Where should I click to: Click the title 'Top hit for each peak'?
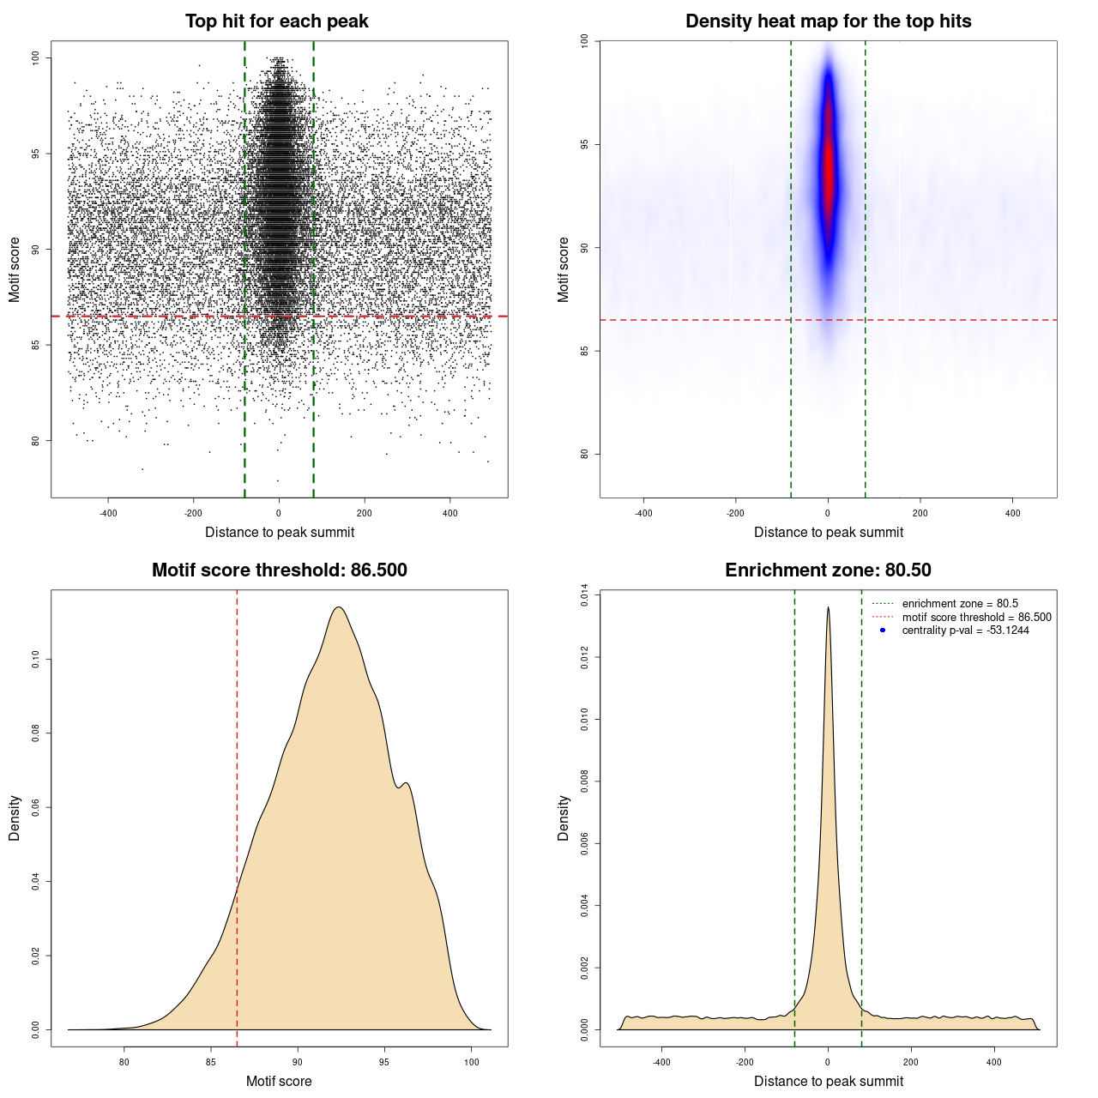point(276,21)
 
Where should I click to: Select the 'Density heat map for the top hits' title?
point(828,21)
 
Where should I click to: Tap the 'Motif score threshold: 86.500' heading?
point(279,570)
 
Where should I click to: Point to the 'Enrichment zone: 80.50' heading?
point(828,570)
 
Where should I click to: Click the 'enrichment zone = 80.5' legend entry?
point(959,604)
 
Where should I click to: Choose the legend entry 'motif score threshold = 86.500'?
point(976,618)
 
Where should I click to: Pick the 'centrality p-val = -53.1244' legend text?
point(965,630)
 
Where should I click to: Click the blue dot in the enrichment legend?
point(883,630)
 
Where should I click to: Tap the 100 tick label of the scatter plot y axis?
point(36,57)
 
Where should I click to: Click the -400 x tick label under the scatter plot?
point(108,513)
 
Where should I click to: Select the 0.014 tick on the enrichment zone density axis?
point(585,595)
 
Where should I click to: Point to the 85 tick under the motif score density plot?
point(211,1062)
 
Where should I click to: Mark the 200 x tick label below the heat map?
point(920,513)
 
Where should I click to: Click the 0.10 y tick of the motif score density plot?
point(36,659)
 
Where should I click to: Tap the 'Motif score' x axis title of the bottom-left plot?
point(279,1081)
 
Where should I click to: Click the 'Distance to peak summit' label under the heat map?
point(828,532)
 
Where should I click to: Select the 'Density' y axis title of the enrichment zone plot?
point(564,817)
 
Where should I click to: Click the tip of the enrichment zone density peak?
point(828,608)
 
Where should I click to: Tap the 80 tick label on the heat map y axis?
point(585,454)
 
